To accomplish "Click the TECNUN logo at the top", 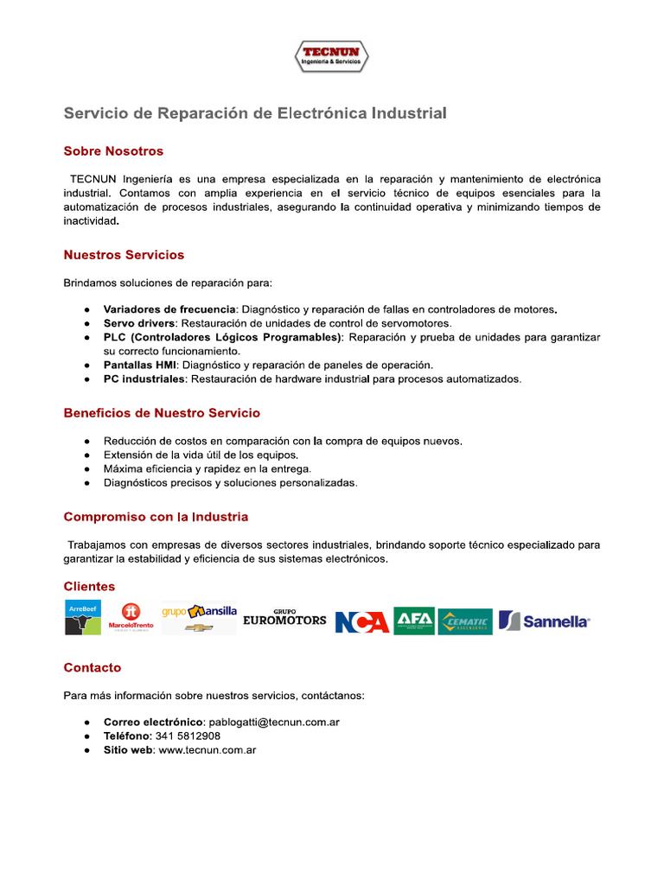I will pos(331,56).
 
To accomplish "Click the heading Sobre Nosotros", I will pos(113,151).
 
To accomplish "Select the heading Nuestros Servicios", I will pos(124,255).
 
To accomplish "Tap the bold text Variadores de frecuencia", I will pos(169,309).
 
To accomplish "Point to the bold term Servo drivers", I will pos(138,323).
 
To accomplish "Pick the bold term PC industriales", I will pos(144,379).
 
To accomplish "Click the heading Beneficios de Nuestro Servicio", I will pos(162,413).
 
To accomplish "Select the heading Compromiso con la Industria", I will pos(156,517).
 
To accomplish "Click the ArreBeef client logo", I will pos(83,617).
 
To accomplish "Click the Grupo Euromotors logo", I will pos(284,617).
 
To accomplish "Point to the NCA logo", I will pos(361,621).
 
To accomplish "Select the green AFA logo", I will pos(413,621).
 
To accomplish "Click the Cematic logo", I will pos(465,621).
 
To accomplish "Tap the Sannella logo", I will pos(545,621).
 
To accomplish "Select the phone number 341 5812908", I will pos(188,736).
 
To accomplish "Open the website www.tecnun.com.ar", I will pos(207,750).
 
